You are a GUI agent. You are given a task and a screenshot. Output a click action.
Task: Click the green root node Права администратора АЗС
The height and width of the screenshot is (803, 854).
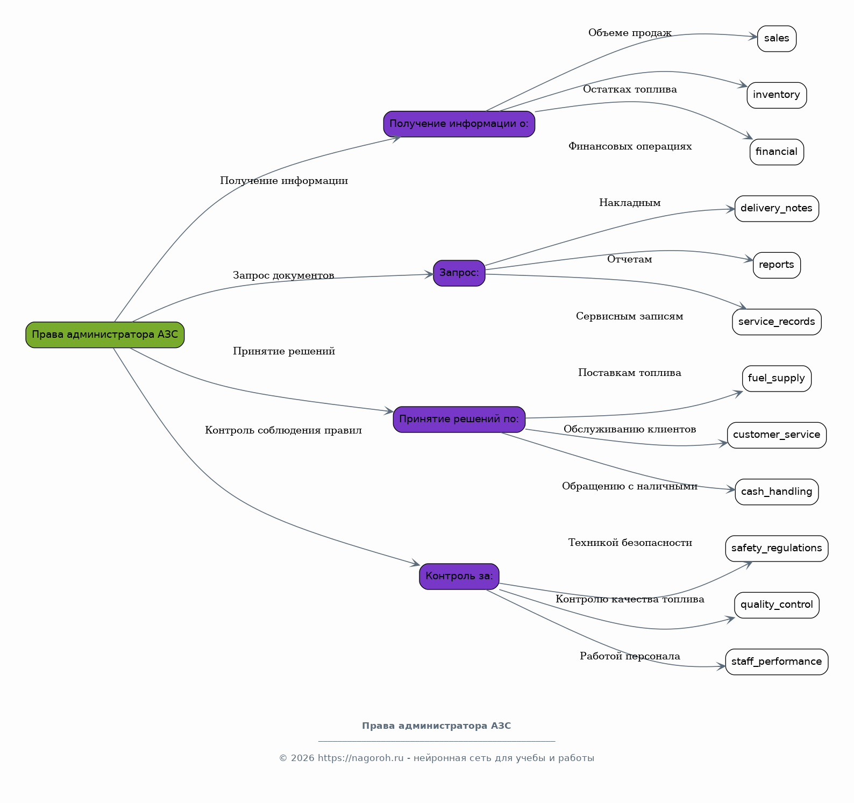[105, 335]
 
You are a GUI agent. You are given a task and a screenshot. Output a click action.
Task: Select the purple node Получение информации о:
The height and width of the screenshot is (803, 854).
[459, 124]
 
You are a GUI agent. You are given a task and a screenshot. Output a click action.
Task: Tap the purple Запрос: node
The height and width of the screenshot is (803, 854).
[459, 273]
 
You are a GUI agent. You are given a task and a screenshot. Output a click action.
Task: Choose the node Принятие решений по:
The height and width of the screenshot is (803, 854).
[459, 420]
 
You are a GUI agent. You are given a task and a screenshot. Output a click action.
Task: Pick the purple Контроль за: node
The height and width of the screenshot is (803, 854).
[459, 577]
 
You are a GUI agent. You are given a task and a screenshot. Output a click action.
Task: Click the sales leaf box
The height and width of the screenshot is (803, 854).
[777, 39]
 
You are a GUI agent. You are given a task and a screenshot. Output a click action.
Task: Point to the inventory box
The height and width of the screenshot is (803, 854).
[777, 95]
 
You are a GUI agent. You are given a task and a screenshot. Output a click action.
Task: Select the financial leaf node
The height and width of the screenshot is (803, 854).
[777, 152]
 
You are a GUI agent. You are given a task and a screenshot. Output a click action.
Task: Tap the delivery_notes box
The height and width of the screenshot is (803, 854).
[777, 209]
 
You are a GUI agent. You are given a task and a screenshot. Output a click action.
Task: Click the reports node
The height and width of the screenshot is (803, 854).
[777, 265]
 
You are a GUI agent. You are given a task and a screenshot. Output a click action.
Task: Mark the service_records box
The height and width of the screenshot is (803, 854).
[777, 322]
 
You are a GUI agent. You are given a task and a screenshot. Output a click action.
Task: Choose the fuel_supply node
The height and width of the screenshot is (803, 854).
[777, 379]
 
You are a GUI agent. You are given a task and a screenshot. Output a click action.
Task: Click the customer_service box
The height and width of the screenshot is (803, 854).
[777, 435]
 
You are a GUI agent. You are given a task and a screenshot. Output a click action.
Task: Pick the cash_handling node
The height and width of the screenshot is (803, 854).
[777, 492]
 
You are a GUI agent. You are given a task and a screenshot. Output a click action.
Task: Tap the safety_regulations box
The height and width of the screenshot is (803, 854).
[777, 549]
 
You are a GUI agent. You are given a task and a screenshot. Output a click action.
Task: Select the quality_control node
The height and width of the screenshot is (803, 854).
[777, 605]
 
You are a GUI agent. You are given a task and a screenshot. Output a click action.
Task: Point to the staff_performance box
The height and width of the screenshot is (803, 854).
[777, 662]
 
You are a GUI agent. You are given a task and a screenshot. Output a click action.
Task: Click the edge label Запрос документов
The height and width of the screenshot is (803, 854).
[283, 276]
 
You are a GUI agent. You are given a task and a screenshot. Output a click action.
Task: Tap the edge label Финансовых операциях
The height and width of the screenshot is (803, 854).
[630, 147]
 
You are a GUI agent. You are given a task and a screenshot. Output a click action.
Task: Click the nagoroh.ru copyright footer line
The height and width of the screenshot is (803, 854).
[436, 758]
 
